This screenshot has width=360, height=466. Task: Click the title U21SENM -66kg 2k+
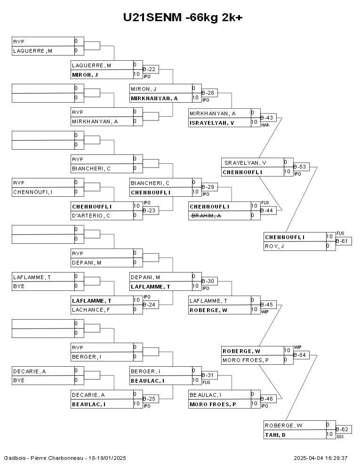(183, 17)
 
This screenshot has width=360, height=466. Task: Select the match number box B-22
(151, 69)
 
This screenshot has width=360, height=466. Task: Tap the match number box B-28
(209, 93)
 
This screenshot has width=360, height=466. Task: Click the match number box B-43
(268, 117)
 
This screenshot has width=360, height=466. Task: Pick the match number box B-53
(301, 166)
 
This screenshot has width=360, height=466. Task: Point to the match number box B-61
(344, 241)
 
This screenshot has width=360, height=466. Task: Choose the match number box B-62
(344, 429)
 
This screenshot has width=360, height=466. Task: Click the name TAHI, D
(276, 435)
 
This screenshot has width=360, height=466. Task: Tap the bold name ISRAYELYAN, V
(212, 123)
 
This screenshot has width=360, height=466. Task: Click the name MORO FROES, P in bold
(213, 404)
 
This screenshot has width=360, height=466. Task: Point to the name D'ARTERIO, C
(91, 216)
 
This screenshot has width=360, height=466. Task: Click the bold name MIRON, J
(85, 74)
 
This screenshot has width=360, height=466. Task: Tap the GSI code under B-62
(340, 437)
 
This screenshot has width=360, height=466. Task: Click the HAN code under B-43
(265, 125)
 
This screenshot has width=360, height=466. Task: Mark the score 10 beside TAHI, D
(329, 434)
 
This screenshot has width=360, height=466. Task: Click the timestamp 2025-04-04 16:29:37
(320, 458)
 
